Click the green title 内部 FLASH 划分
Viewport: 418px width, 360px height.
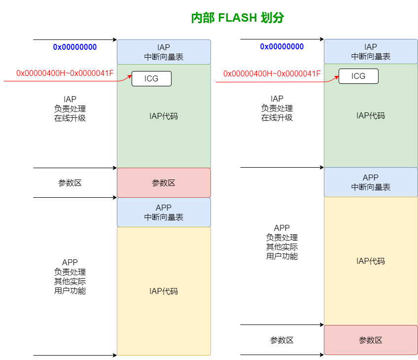pos(238,18)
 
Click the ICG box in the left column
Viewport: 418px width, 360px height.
pos(151,78)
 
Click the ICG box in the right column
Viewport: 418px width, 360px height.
pos(358,76)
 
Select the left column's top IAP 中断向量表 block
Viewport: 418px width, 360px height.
pos(164,52)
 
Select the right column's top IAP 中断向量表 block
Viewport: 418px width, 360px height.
pos(371,52)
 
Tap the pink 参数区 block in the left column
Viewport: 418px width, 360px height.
pos(164,183)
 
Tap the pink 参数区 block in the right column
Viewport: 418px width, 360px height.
pos(371,340)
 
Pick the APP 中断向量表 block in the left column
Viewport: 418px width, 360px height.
pos(164,213)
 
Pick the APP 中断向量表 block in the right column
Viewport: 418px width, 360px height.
pos(371,182)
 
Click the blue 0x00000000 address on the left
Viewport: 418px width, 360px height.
pos(74,47)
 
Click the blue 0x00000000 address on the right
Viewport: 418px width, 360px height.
pos(281,46)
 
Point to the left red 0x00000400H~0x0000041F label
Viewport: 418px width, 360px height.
pos(65,73)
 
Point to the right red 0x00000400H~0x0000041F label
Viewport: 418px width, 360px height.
pos(272,73)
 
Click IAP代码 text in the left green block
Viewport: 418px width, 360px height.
pos(164,116)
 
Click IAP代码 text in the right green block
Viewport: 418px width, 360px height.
pos(371,116)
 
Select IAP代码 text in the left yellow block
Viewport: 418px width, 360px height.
pos(164,291)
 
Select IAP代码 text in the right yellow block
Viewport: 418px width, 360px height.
pos(371,261)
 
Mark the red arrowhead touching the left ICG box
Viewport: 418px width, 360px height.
pos(130,77)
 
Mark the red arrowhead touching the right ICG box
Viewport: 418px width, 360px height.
pos(337,76)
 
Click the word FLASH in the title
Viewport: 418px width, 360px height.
pos(238,18)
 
